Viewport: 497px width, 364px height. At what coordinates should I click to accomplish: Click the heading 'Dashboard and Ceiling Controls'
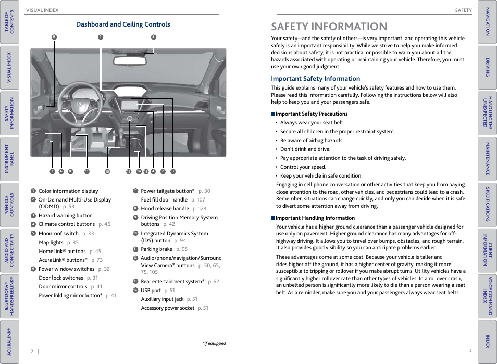pos(123,24)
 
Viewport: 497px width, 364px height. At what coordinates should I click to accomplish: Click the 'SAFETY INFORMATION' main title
pos(329,27)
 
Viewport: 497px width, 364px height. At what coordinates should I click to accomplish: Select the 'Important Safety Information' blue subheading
pos(315,79)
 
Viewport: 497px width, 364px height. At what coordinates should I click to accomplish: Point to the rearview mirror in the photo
pos(128,59)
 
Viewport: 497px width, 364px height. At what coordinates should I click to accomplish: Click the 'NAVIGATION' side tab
pos(487,22)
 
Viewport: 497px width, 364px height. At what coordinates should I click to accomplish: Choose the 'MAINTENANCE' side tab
pos(487,159)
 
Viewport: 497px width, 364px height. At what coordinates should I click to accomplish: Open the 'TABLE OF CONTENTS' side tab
pos(9,22)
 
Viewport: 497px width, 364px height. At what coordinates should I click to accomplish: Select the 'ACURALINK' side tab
pos(9,341)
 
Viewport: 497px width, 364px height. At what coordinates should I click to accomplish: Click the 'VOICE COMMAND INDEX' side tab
pos(487,296)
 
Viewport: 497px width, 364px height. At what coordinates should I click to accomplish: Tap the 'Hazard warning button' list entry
pos(65,216)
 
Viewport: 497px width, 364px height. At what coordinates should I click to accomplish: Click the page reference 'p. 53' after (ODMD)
pos(68,207)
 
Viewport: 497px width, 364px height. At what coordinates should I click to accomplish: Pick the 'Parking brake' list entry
pos(156,249)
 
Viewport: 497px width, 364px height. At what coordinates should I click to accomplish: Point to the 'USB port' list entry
pos(151,291)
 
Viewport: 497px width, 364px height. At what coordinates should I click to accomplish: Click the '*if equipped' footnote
pos(214,343)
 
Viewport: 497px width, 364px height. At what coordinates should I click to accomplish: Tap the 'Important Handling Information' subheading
pos(315,218)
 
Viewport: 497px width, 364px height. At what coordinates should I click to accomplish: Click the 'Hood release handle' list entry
pos(165,209)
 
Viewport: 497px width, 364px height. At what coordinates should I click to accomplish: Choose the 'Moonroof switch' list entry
pos(58,234)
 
